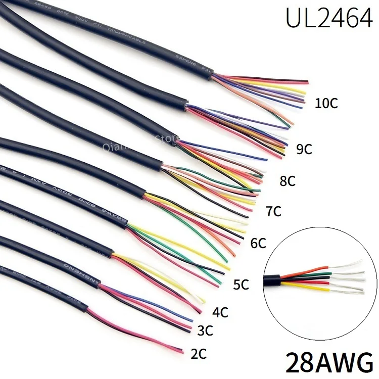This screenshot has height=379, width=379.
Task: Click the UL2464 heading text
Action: tap(328, 19)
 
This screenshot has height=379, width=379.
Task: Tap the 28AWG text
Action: tap(329, 362)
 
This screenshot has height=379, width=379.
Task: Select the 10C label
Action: tap(325, 104)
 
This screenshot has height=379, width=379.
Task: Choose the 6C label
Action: tap(258, 244)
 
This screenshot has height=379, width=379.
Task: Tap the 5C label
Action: tap(241, 285)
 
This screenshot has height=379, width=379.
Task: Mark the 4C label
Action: tap(220, 312)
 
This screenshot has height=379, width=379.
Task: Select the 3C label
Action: tap(204, 331)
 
